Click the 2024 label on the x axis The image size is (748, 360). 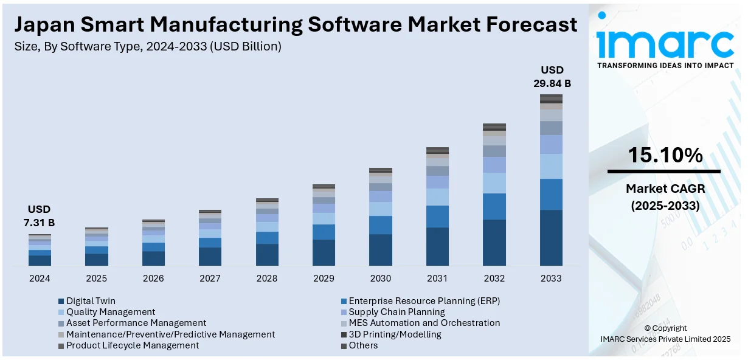[x=40, y=279]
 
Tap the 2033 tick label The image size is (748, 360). [x=551, y=279]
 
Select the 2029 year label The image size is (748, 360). [x=324, y=279]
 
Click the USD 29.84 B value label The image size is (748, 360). [x=552, y=77]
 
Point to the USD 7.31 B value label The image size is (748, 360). [x=40, y=216]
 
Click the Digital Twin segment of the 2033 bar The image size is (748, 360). [x=551, y=238]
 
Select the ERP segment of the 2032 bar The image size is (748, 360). [x=494, y=206]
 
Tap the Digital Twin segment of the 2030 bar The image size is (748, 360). [x=381, y=250]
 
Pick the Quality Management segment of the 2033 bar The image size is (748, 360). [x=551, y=166]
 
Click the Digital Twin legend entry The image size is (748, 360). [x=91, y=301]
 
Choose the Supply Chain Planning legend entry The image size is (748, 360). [x=397, y=312]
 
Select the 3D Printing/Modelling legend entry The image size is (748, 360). [x=395, y=334]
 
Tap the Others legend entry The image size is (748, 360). [x=363, y=345]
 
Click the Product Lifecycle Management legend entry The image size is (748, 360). [x=133, y=345]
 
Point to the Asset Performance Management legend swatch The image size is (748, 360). [x=61, y=324]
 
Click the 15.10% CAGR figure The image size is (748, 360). [x=665, y=156]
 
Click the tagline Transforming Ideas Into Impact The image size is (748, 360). [x=665, y=65]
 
